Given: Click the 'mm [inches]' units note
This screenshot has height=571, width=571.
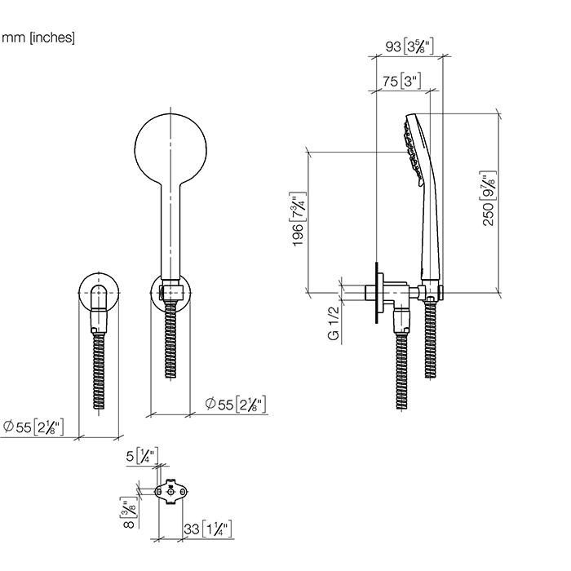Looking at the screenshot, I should [38, 38].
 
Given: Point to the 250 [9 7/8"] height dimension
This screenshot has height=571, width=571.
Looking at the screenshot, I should [489, 199].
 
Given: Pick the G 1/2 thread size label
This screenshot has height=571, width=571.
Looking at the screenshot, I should [333, 323].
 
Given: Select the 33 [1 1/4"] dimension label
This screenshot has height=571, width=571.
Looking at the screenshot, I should [208, 529].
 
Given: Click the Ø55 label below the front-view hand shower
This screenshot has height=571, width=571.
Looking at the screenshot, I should [236, 404].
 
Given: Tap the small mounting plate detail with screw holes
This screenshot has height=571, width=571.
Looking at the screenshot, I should [170, 492].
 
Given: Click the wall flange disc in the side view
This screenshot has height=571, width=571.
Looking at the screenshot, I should [376, 293].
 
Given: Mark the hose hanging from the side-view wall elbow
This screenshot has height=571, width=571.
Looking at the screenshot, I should [401, 367].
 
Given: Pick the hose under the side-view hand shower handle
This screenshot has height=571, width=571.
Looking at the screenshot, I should [429, 343].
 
